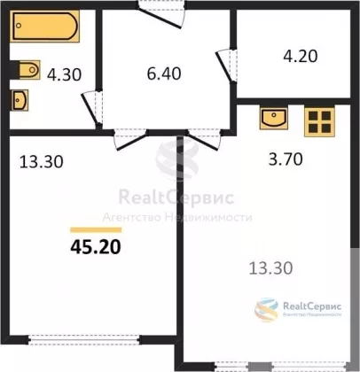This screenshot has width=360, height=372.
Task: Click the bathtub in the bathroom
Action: pos(45,26)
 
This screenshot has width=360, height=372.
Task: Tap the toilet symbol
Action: pos(27,70)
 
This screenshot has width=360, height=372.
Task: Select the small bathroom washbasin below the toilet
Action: pos(20,100)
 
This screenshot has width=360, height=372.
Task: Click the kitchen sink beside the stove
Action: pos(274,118)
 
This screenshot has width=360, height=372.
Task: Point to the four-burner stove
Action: pos(319,122)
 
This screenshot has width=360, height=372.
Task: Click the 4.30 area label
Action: pos(64,74)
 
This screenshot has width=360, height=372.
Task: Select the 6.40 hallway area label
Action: pos(164,74)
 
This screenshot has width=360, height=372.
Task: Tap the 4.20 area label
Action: pos(301,56)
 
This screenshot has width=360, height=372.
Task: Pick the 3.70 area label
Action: pos(286,159)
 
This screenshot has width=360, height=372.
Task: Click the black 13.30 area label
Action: pos(42,162)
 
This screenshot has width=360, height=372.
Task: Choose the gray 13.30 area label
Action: pos(271,268)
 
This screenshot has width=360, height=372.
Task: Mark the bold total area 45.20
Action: pos(96,247)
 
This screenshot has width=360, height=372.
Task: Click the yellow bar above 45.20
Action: pos(96,230)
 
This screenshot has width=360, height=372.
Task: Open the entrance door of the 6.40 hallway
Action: pos(161,16)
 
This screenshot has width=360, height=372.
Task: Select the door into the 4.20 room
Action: pos(226,66)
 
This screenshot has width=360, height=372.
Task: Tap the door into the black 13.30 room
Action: pos(130,140)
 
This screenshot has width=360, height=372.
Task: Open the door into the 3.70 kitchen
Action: pos(204,140)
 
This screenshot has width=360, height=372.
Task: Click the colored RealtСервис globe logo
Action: pos(267,310)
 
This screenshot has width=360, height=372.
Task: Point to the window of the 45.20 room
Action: pos(84,340)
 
